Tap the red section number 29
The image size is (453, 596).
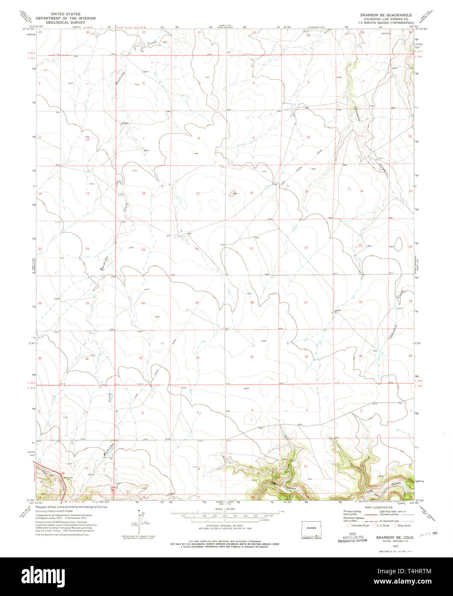click(197, 303)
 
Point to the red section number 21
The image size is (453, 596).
click(252, 249)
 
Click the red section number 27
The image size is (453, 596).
click(306, 303)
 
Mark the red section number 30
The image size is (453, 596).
click(143, 303)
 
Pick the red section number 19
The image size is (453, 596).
click(143, 250)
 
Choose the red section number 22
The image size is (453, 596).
click(306, 248)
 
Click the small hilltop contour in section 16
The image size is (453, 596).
click(234, 194)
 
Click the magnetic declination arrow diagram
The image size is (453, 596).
click(139, 522)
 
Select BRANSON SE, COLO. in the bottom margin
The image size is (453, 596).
click(394, 537)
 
